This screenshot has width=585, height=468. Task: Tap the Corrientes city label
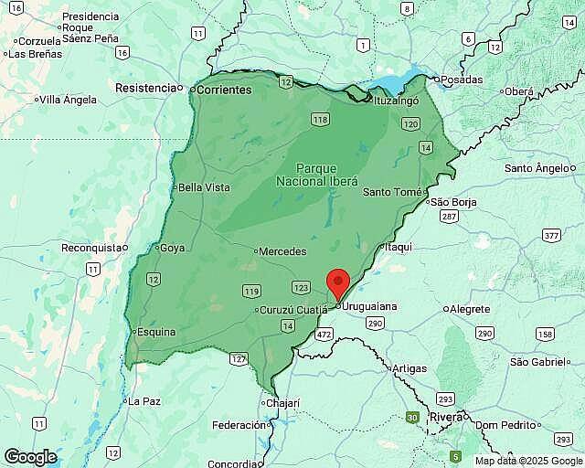click(223, 90)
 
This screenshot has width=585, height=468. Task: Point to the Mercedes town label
click(282, 251)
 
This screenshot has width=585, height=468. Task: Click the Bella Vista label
click(204, 187)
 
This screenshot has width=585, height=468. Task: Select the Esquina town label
click(155, 332)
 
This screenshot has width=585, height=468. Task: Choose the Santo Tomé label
click(392, 192)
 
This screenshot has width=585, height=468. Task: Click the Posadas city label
click(461, 80)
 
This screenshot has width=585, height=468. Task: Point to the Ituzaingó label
click(396, 101)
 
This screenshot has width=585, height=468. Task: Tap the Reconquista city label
click(91, 248)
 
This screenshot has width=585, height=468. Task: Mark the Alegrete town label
click(470, 309)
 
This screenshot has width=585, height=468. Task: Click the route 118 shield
click(319, 120)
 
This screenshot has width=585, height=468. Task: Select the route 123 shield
click(301, 287)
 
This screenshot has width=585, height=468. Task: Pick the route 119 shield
click(251, 291)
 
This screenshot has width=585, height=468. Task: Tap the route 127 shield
click(239, 359)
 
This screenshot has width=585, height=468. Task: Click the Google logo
click(30, 456)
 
